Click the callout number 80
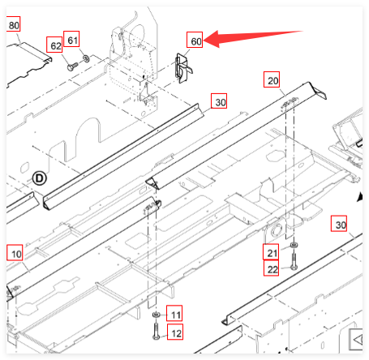pos(14,25)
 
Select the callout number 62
pos(56,46)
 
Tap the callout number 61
pos(72,41)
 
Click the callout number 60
pos(195,41)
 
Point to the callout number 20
pos(272,80)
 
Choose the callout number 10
pos(16,254)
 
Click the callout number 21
pos(272,253)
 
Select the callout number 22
pos(272,269)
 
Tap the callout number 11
pos(176,315)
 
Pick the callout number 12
pos(176,333)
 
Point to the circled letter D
pos(40,178)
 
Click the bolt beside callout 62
pos(72,66)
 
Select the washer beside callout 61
pos(86,58)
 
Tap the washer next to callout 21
pos(294,245)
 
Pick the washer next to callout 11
pos(156,315)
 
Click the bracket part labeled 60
pos(183,67)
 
